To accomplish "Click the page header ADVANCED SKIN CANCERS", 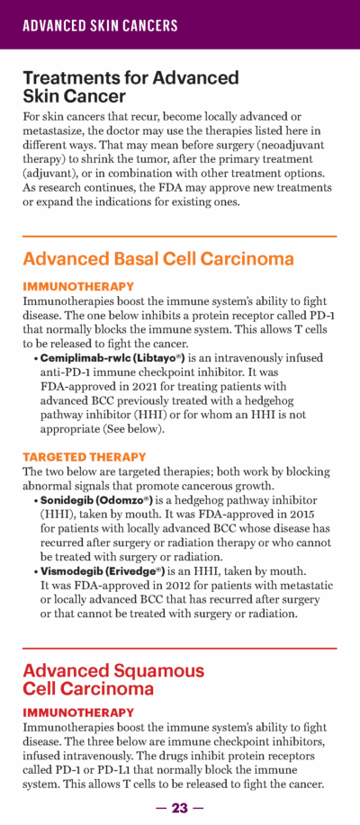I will (x=100, y=25).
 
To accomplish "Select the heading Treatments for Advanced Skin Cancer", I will (x=130, y=86).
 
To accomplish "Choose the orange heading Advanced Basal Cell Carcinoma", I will (x=158, y=259).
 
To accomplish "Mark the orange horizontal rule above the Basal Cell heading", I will (x=179, y=236).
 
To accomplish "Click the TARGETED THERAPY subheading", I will (x=84, y=457).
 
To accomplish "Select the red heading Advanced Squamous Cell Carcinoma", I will (x=113, y=679).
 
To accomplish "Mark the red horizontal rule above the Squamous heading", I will (x=179, y=648).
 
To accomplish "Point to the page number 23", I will (x=180, y=807).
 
